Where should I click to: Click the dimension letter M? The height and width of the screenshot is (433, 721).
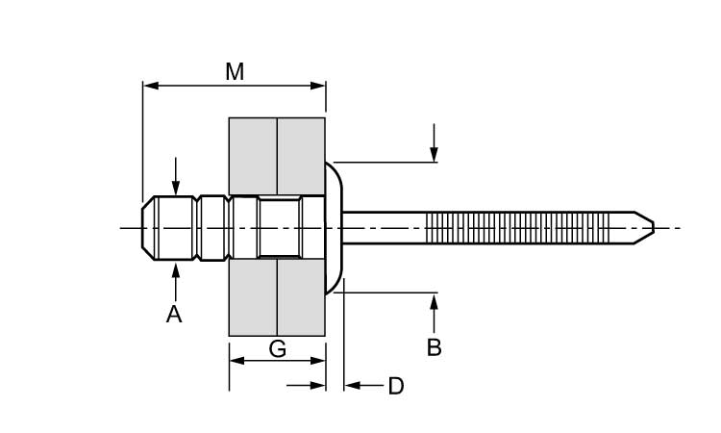(x=235, y=71)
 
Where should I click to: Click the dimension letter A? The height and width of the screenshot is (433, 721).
(x=174, y=314)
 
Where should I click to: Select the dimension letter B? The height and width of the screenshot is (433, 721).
(x=435, y=347)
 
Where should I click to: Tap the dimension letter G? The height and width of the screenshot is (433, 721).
(x=277, y=348)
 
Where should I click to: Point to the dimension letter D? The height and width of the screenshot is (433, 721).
(x=395, y=387)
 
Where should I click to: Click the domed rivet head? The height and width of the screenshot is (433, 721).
(x=334, y=228)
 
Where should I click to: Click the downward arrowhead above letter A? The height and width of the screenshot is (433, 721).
(x=175, y=191)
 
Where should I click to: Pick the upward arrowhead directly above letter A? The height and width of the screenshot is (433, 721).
(x=175, y=269)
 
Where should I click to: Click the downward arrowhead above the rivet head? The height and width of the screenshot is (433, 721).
(x=435, y=155)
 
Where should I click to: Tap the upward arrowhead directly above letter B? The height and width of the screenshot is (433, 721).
(x=435, y=300)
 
